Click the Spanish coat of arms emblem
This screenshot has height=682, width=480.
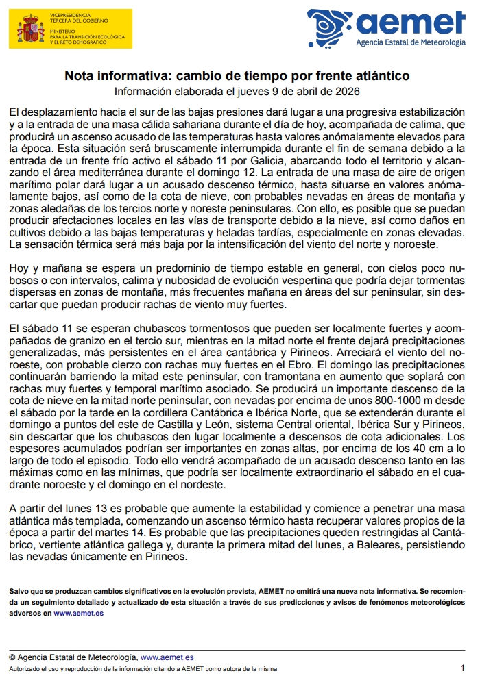click(29, 29)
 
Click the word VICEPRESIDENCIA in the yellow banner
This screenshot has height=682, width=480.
click(69, 14)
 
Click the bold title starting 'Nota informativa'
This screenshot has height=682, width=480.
click(237, 75)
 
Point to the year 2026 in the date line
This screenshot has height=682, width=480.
click(347, 91)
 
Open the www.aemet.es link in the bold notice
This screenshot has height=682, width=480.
click(79, 613)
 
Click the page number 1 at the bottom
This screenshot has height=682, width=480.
click(462, 668)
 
